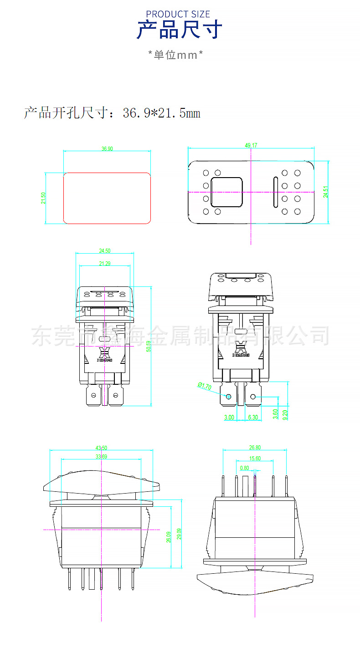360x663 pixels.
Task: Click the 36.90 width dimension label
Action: pos(107,149)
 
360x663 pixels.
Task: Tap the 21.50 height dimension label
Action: pos(43,198)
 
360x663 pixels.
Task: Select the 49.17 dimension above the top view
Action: pos(251,145)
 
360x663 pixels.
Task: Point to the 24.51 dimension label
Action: pos(325,192)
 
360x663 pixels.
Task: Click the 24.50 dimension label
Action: pos(105,251)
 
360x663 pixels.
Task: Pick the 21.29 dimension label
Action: pos(105,264)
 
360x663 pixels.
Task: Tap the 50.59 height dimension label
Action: pos(148,346)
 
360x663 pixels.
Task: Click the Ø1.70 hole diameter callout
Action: pos(205,386)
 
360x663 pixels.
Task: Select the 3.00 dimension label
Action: pos(229,417)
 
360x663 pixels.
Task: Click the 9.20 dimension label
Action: pos(285,414)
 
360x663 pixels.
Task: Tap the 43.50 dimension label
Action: pos(101,448)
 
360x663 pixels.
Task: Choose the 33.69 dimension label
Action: pos(101,457)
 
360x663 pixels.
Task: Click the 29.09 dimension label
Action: pos(179,534)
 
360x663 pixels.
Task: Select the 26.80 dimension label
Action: pos(255,448)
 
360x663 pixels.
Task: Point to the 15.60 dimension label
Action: pos(255,459)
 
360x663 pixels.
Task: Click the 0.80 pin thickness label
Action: pos(244,468)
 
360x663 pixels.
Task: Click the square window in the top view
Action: pos(226,192)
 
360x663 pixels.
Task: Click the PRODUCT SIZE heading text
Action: pos(178,15)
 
